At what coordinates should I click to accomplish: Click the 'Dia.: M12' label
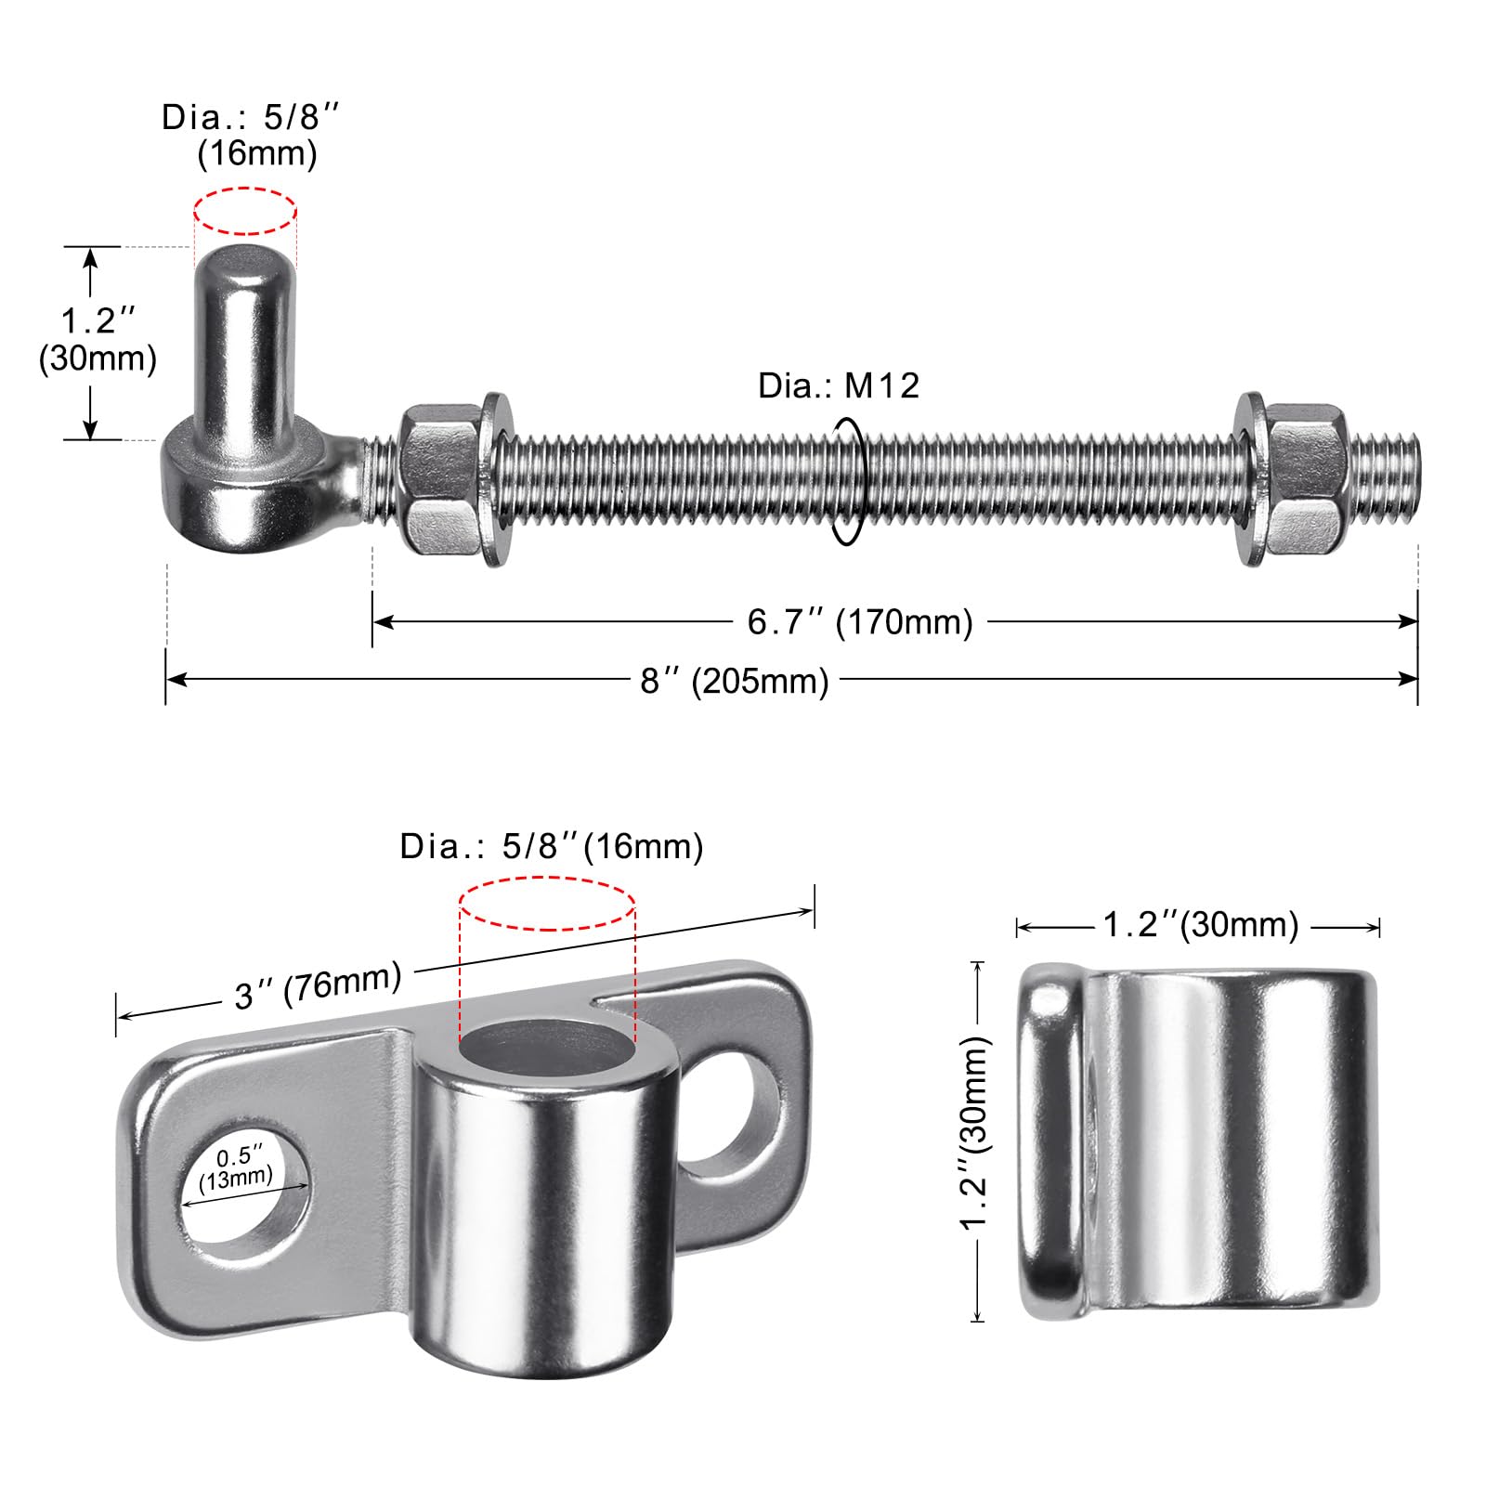pos(839,385)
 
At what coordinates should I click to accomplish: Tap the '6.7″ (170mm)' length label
pos(860,621)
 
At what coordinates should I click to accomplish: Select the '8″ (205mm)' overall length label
pos(734,681)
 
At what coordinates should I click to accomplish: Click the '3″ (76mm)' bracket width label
pos(318,984)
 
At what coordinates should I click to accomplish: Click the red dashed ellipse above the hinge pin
pos(245,210)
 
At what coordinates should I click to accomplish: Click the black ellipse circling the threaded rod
pos(849,480)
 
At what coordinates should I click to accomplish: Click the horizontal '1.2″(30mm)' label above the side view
pos(1200,925)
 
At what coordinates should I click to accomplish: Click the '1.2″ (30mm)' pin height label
pos(98,340)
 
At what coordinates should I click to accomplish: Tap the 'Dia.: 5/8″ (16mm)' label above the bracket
pos(552,846)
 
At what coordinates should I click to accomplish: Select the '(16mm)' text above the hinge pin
pos(257,153)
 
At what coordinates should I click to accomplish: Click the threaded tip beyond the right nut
pos(1384,479)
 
